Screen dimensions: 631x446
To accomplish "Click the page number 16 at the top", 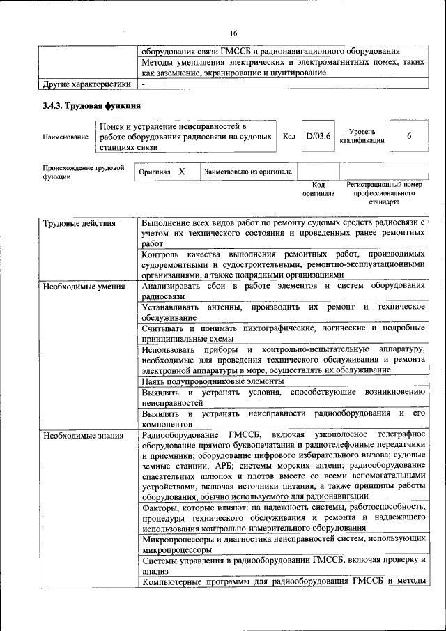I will coord(233,32).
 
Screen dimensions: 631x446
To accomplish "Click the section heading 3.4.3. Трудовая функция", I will coord(91,106).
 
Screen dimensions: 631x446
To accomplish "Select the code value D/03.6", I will coord(318,136).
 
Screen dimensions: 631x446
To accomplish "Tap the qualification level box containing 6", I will coord(409,136).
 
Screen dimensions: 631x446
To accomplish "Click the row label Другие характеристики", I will coord(86,84).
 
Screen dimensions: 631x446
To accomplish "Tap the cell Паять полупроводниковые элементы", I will coord(213,381).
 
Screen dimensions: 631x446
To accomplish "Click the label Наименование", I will coord(65,137).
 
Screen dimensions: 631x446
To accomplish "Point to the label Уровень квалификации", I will coord(362,135).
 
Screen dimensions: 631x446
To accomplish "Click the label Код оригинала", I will coord(318,189).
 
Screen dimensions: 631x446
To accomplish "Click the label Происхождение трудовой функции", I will coord(83,172).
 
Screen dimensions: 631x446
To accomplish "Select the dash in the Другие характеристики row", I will coord(143,84).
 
